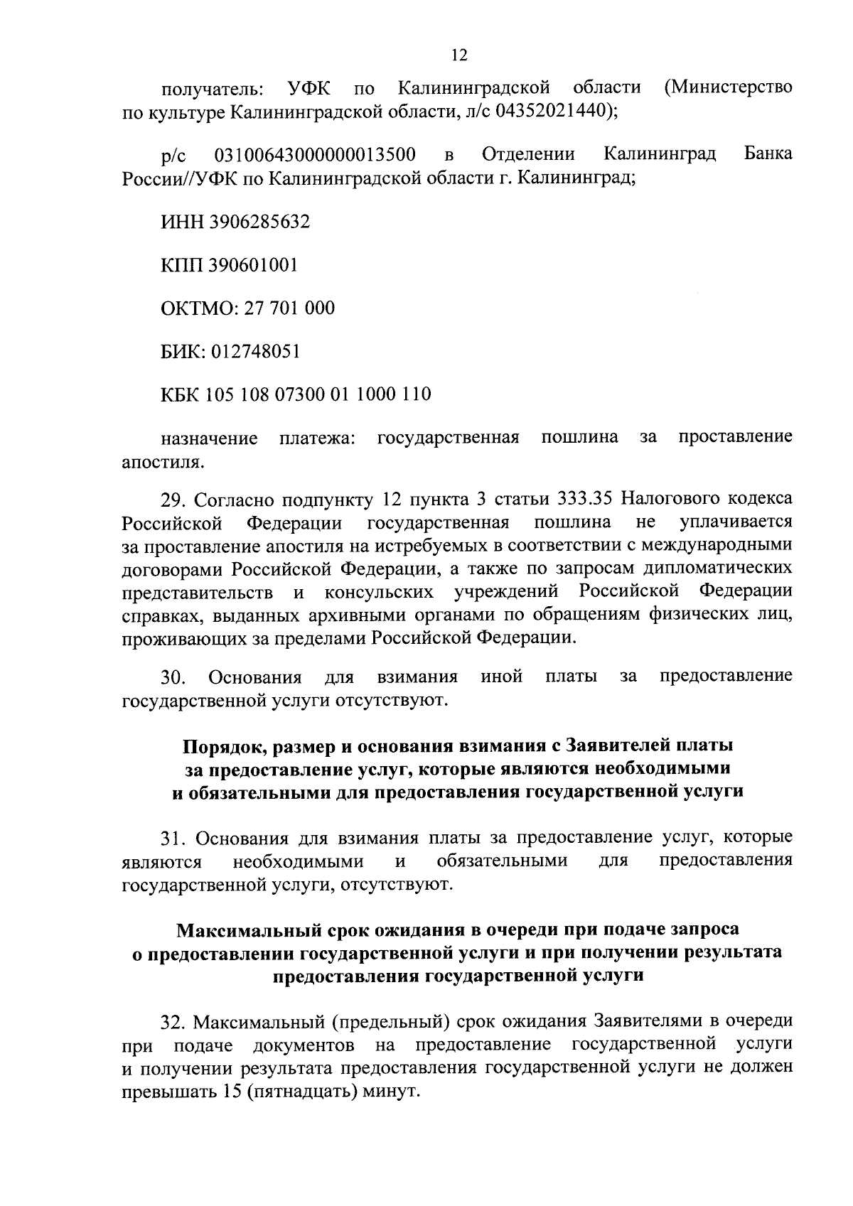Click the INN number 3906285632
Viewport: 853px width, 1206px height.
click(x=259, y=222)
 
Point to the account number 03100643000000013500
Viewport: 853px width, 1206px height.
click(x=314, y=154)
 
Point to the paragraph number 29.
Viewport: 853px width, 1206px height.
click(x=173, y=499)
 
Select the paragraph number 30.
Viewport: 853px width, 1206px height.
click(x=173, y=675)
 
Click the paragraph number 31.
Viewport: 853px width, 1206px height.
click(x=173, y=837)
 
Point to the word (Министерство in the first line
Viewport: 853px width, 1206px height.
click(x=727, y=88)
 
